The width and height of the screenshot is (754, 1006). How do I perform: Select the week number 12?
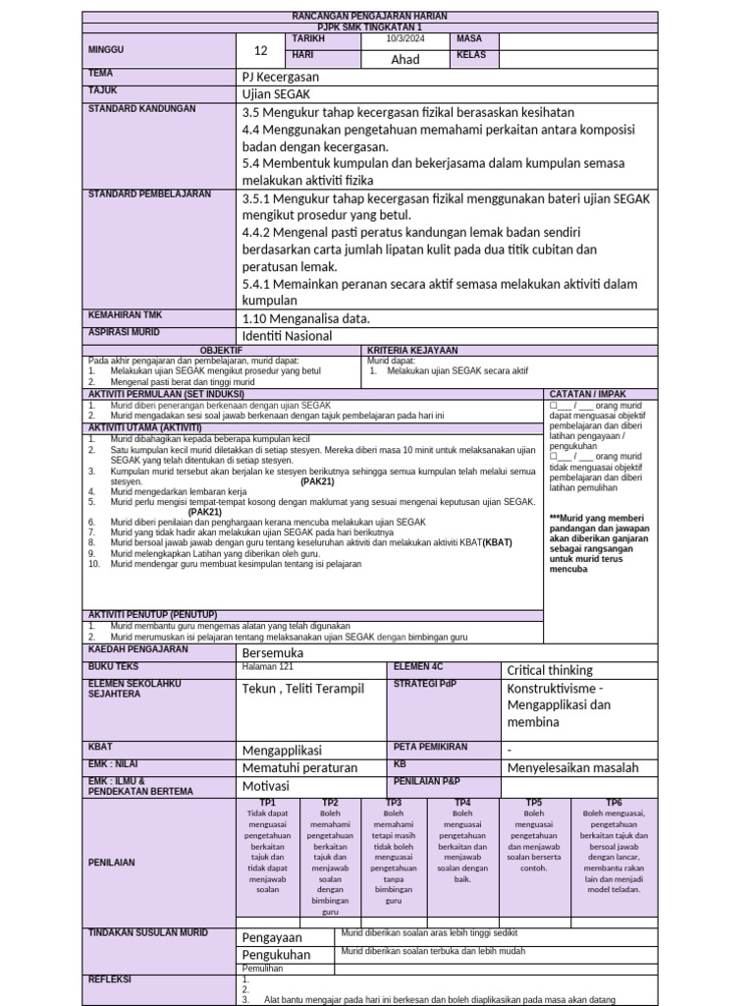click(x=260, y=51)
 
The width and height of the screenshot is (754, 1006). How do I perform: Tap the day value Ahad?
click(x=405, y=59)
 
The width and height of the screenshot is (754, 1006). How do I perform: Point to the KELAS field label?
click(x=471, y=55)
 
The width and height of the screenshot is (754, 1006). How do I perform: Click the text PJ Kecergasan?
click(x=280, y=77)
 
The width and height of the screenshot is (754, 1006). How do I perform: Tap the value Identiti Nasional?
click(x=287, y=336)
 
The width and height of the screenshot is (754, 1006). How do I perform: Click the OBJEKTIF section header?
click(x=221, y=350)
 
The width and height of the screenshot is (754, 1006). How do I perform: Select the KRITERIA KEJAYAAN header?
click(x=412, y=350)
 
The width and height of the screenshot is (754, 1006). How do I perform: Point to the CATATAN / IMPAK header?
click(x=588, y=394)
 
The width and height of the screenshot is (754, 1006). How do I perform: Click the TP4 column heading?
click(x=463, y=803)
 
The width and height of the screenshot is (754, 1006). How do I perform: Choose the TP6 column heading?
click(x=614, y=803)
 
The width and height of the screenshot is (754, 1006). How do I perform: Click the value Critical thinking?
click(x=550, y=670)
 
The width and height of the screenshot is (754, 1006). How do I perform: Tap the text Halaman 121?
click(x=267, y=667)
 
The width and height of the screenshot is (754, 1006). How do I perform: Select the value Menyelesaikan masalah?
click(x=572, y=768)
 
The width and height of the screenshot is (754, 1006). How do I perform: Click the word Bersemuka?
click(x=273, y=653)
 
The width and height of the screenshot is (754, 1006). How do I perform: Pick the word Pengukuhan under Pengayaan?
click(x=276, y=954)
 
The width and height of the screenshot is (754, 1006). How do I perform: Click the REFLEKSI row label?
click(x=110, y=979)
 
